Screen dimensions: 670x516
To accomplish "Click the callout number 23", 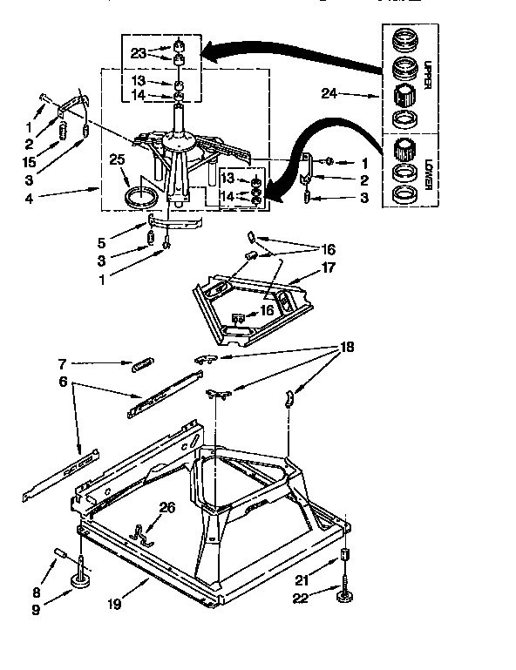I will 138,52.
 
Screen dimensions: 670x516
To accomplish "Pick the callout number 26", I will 167,507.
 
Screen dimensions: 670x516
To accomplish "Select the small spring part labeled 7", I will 142,364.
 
